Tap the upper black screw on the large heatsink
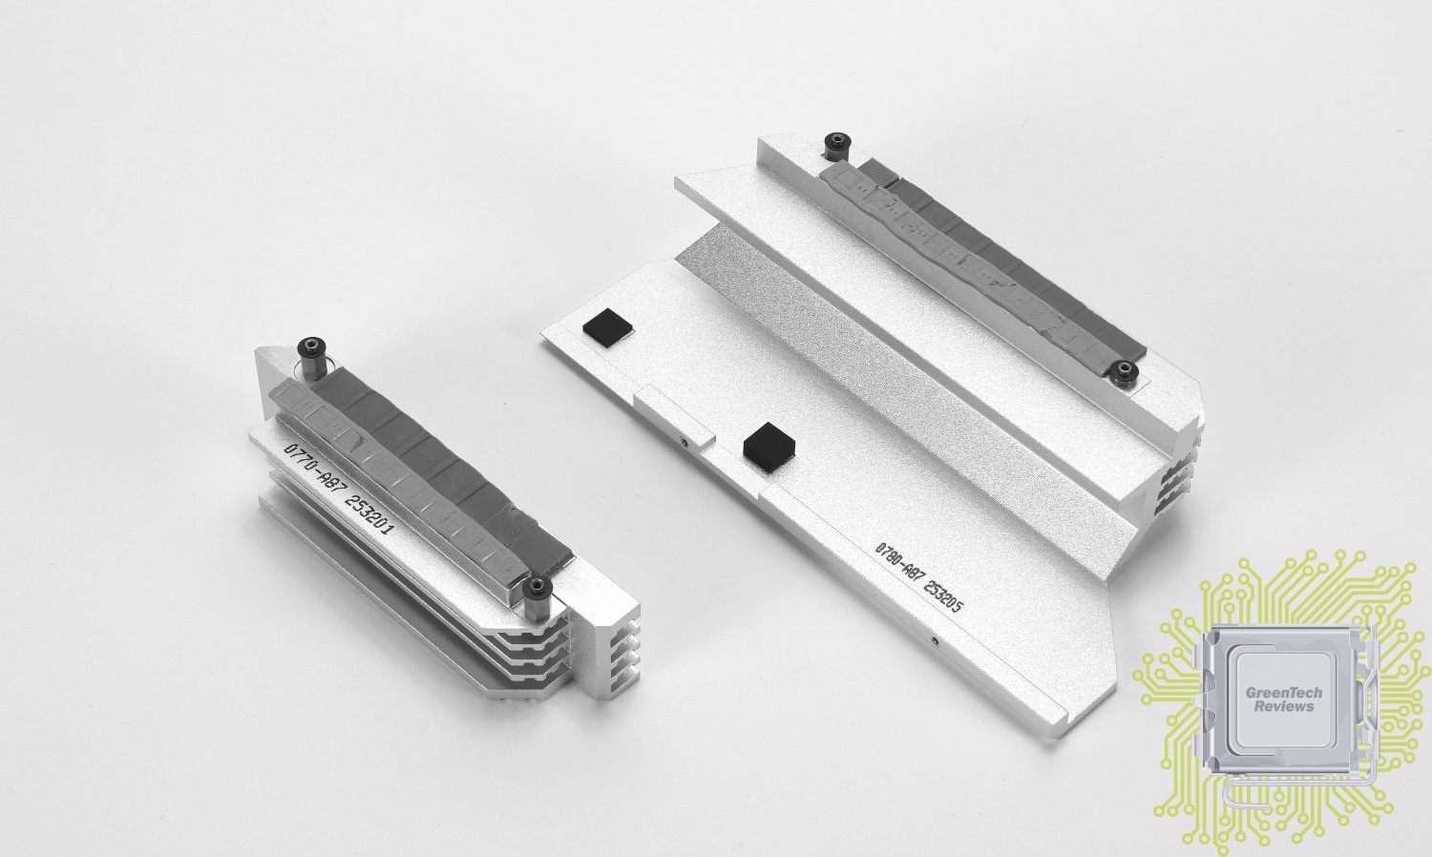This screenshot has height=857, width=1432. (x=836, y=144)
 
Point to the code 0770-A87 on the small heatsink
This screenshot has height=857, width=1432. (x=314, y=473)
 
